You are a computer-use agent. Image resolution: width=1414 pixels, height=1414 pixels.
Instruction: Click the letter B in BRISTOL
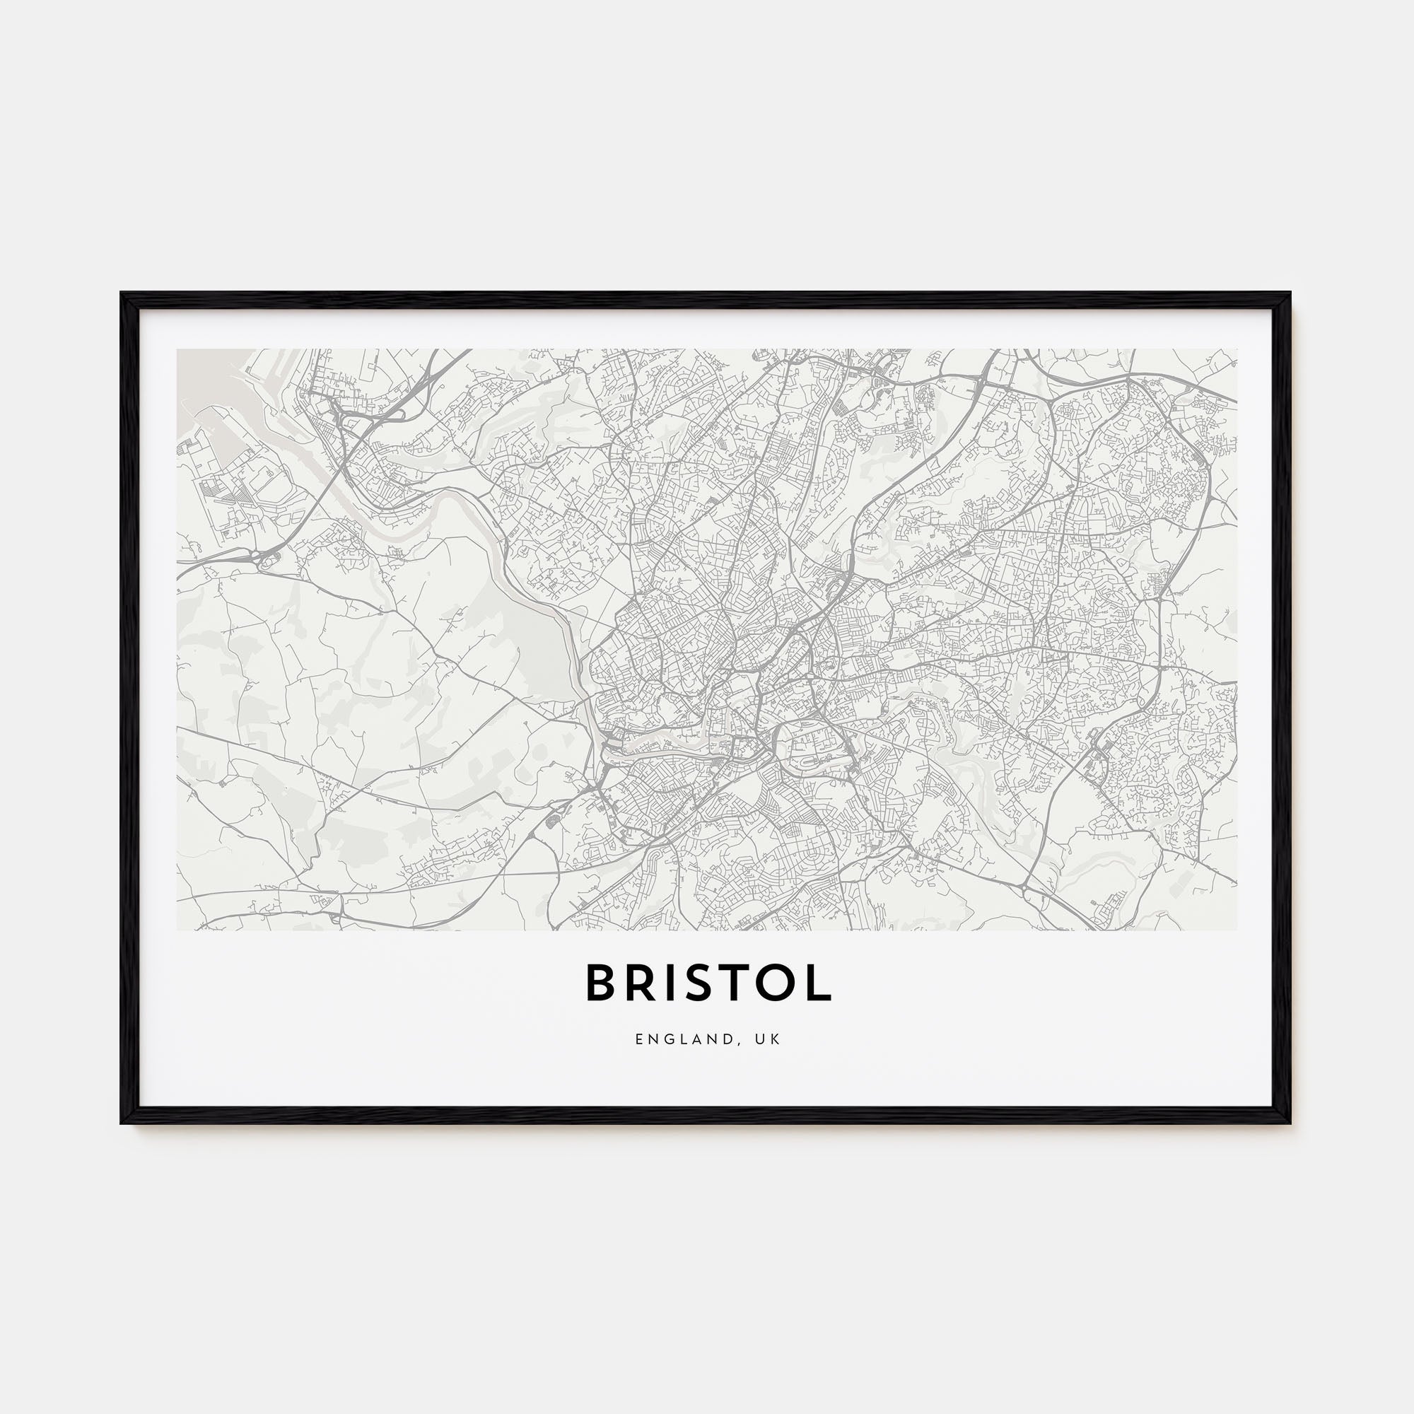pos(602,983)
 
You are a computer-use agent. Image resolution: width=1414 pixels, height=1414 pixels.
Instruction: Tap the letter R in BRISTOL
pos(641,983)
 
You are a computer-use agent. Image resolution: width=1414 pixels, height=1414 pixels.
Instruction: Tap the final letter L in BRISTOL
pos(819,983)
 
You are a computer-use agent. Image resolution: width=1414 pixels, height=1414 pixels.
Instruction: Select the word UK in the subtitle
pos(771,1040)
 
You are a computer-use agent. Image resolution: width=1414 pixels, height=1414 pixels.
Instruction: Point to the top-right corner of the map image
pos(1236,350)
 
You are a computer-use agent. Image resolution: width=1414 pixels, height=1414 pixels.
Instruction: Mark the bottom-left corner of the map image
pos(178,930)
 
